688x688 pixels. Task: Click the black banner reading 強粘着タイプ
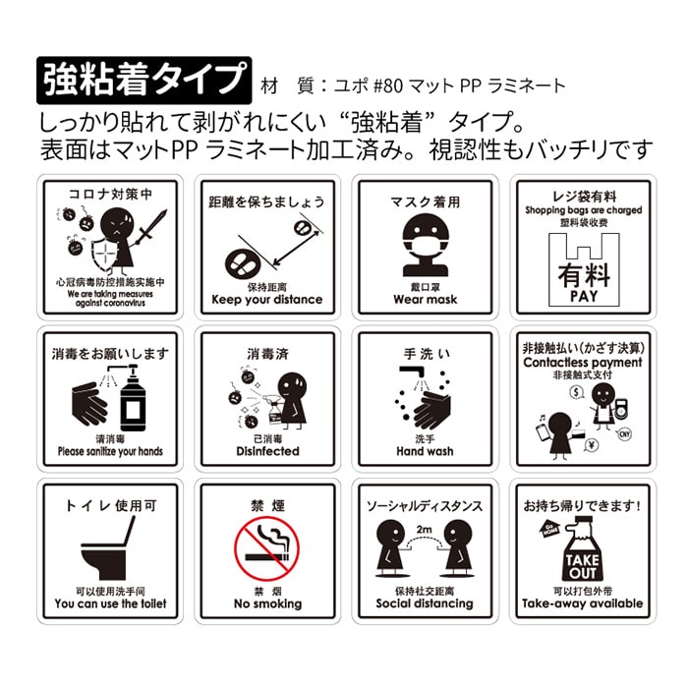pos(143,80)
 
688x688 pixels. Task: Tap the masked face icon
pos(425,241)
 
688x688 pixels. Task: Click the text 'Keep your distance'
pos(266,300)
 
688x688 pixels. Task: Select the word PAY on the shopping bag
pos(584,295)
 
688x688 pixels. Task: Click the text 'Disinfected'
pos(266,452)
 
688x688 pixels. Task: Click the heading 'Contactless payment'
pos(583,363)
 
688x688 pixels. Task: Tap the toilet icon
pos(108,549)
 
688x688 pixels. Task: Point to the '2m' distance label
pos(425,531)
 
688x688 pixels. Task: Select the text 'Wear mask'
pos(425,300)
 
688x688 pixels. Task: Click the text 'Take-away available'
pos(583,603)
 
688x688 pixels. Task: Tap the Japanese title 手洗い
pos(425,352)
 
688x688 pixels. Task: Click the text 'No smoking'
pos(266,603)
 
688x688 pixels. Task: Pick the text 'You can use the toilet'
pos(110,603)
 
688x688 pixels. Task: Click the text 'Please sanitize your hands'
pos(110,452)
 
